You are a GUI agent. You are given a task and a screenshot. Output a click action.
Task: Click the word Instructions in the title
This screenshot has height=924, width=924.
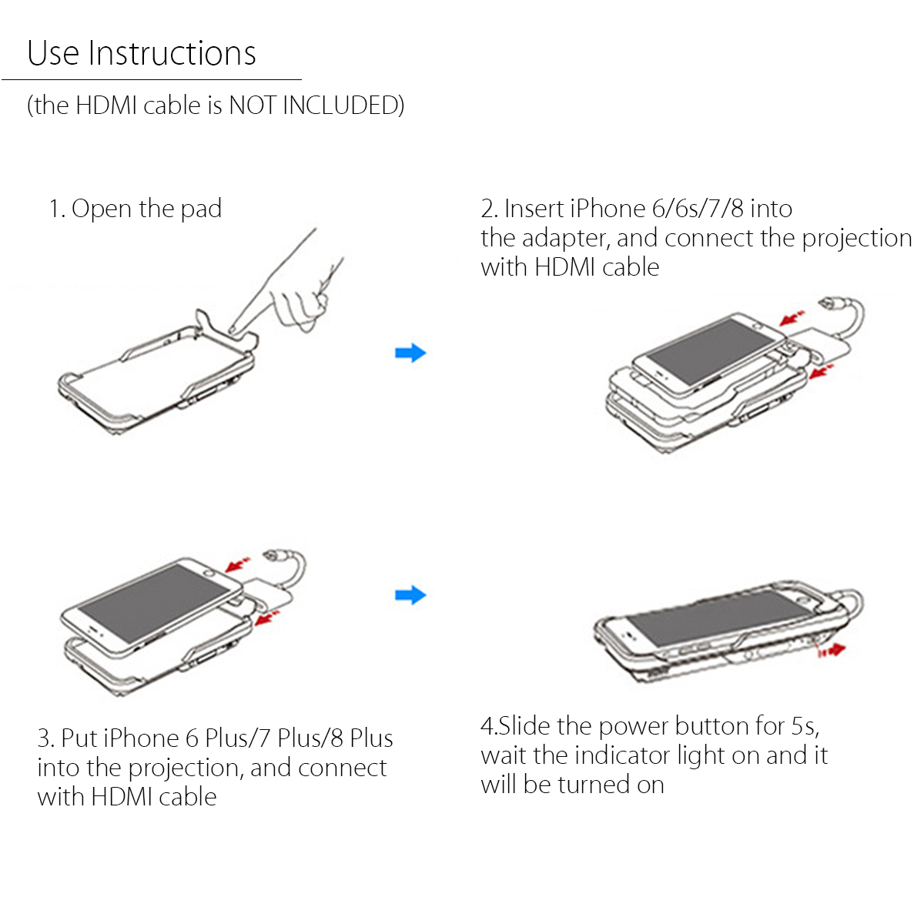(172, 53)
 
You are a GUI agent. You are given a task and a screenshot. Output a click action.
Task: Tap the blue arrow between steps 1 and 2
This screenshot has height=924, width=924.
(410, 353)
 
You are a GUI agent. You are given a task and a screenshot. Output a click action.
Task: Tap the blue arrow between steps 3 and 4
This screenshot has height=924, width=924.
(410, 595)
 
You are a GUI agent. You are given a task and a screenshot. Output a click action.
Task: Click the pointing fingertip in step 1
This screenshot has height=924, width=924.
(233, 330)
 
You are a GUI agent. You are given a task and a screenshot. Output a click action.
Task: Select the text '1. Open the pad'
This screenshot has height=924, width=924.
(136, 209)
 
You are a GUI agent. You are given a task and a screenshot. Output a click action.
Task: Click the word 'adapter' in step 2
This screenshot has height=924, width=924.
(566, 238)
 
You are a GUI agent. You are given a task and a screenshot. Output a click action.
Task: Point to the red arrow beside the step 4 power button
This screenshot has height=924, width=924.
(832, 650)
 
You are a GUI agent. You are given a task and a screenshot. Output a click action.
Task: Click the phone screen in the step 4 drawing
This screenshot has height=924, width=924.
(719, 618)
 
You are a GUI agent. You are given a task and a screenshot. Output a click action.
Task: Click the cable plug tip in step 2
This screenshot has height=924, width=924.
(825, 303)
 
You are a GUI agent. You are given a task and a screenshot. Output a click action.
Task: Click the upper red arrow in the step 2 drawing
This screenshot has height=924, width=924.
(792, 317)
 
